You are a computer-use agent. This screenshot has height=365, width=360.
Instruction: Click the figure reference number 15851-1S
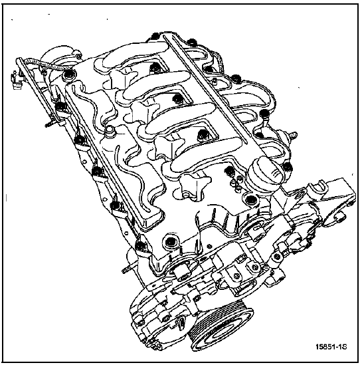click(x=331, y=347)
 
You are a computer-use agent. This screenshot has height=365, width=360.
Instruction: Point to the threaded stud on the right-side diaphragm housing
click(x=294, y=135)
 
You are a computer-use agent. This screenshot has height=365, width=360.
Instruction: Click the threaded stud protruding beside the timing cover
click(x=126, y=271)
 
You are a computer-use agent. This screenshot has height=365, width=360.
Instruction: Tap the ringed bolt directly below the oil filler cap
click(x=250, y=199)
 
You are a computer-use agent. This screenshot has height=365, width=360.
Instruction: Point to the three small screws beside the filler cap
click(x=236, y=183)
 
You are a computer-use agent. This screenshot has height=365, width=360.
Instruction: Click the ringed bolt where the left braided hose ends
click(x=69, y=75)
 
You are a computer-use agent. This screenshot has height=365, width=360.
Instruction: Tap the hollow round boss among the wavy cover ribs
click(x=109, y=130)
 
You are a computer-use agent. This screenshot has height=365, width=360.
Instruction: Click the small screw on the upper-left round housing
click(x=79, y=57)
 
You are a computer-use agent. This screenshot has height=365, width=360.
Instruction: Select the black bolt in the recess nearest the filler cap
click(x=230, y=171)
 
